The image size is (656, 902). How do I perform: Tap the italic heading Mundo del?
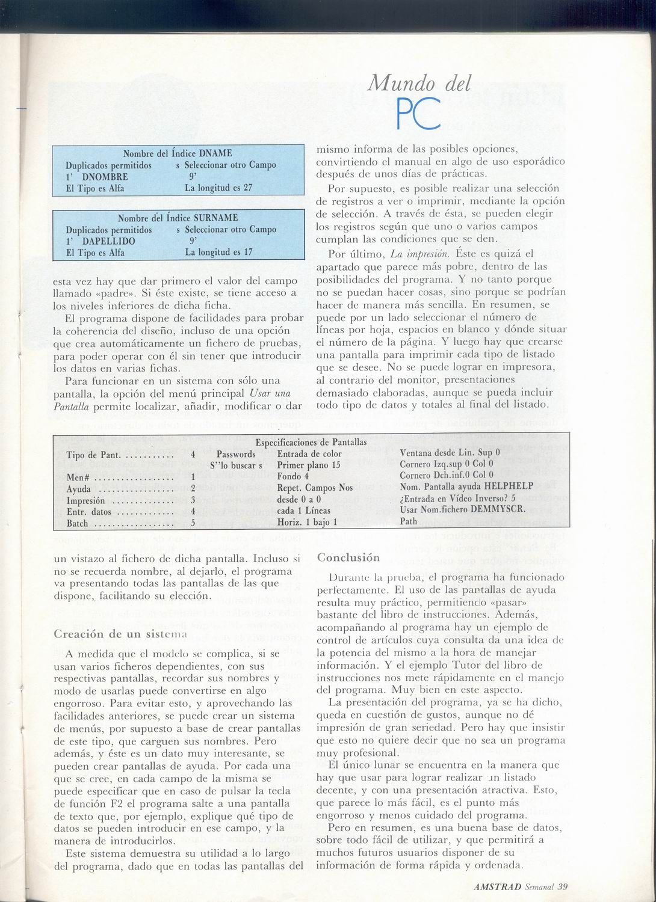pyautogui.click(x=419, y=82)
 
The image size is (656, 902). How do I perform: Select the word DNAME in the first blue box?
pyautogui.click(x=215, y=153)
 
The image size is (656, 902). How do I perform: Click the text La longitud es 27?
pyautogui.click(x=218, y=188)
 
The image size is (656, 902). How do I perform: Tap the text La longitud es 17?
pyautogui.click(x=218, y=252)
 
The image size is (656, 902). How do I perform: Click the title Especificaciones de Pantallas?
pyautogui.click(x=311, y=442)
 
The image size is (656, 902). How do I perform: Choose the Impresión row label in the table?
pyautogui.click(x=85, y=500)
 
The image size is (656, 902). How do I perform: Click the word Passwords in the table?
pyautogui.click(x=236, y=454)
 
